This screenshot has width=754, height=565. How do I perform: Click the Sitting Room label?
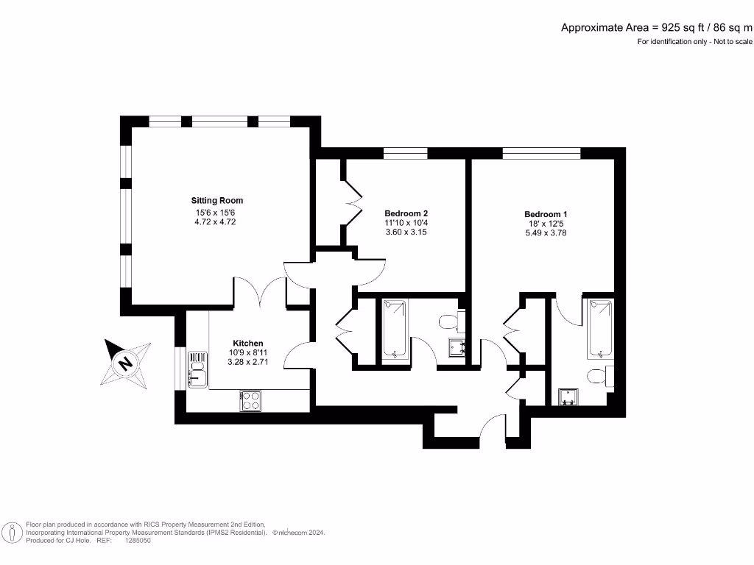pyautogui.click(x=216, y=200)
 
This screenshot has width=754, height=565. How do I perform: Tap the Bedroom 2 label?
pyautogui.click(x=406, y=213)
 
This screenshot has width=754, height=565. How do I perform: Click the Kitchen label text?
pyautogui.click(x=247, y=344)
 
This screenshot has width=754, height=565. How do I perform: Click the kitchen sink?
pyautogui.click(x=198, y=369)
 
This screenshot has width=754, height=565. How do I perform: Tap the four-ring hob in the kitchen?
pyautogui.click(x=250, y=400)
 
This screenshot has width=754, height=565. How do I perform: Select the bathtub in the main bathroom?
pyautogui.click(x=395, y=330)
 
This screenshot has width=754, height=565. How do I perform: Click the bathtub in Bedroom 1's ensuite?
pyautogui.click(x=599, y=328)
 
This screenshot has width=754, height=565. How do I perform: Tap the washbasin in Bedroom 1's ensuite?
pyautogui.click(x=568, y=397)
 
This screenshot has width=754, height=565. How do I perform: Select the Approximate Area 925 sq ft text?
pyautogui.click(x=657, y=28)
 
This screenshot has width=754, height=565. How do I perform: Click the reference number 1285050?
pyautogui.click(x=138, y=539)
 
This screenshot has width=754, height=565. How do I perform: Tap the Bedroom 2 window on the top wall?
pyautogui.click(x=405, y=153)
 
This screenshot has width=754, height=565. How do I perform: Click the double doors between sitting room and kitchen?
pyautogui.click(x=259, y=292)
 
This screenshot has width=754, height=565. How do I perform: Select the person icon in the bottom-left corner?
pyautogui.click(x=12, y=532)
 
